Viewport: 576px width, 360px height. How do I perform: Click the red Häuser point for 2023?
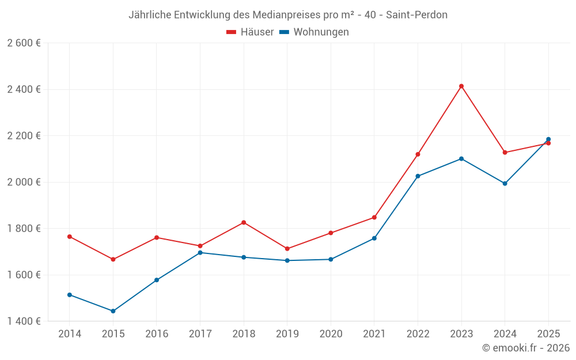coord(461,86)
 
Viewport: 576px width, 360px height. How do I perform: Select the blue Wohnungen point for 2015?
coord(113,311)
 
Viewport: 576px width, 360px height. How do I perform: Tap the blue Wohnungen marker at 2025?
coord(548,139)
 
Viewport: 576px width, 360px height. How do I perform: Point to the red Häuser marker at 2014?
coord(70,237)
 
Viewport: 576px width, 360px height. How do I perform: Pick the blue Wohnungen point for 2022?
coord(418,176)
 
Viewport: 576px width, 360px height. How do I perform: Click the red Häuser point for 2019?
coord(287,249)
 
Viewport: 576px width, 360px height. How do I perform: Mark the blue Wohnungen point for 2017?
coord(200,253)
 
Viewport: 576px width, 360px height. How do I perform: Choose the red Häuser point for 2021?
coord(374,218)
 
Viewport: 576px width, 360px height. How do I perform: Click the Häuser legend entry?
coord(250,32)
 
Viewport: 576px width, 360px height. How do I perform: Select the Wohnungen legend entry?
coord(314,32)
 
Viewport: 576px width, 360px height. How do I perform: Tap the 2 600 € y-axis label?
coord(24,43)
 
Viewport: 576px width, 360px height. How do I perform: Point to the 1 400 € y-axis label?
coord(24,321)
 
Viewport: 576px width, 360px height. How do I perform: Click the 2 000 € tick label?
coord(24,182)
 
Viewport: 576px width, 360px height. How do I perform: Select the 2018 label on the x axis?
coord(244,334)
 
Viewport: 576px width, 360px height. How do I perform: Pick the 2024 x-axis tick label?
coord(505,334)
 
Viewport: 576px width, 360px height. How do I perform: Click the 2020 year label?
coord(331,334)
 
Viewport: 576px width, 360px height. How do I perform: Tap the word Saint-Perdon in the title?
coord(416,15)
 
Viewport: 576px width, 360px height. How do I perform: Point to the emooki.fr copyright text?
coord(526,347)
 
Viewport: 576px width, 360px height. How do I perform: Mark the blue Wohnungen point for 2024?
coord(505,184)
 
